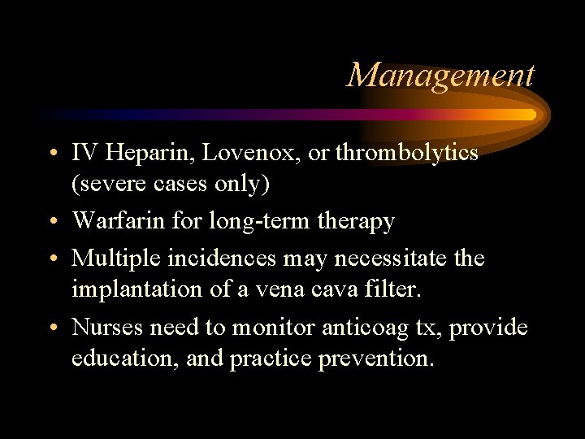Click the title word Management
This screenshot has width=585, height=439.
tap(441, 75)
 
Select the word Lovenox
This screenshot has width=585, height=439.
tap(236, 152)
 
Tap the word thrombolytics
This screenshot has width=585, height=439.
tap(406, 152)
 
